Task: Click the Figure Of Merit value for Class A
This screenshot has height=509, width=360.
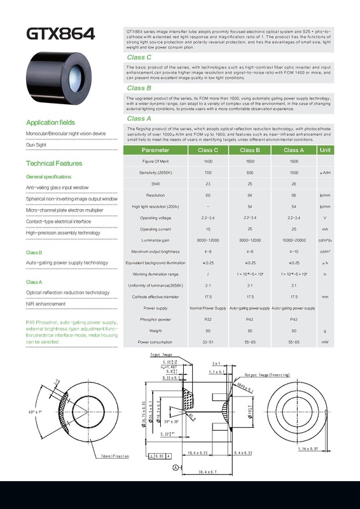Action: (x=293, y=162)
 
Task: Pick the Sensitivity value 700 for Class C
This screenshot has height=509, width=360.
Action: (x=207, y=173)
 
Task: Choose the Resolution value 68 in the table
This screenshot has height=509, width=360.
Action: (x=293, y=195)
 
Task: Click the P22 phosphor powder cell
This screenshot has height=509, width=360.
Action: (x=207, y=319)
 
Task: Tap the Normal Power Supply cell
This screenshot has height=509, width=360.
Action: (x=207, y=308)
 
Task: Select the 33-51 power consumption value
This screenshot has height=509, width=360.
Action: (x=207, y=342)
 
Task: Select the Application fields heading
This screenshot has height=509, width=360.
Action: (x=50, y=122)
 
